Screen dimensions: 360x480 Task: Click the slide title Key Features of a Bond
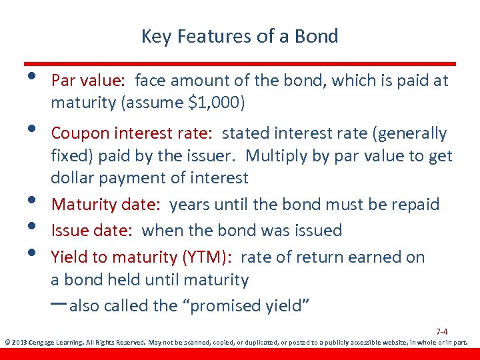(239, 36)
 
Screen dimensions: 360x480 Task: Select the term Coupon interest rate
(131, 134)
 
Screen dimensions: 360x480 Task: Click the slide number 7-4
(441, 331)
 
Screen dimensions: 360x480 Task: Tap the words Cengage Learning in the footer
(57, 343)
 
